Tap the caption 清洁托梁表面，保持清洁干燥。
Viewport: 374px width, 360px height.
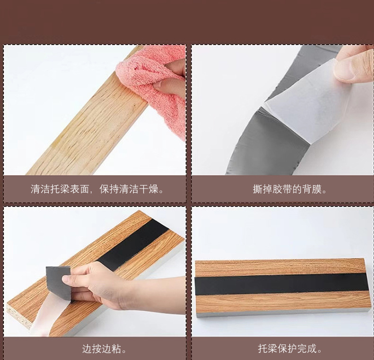tap(98, 189)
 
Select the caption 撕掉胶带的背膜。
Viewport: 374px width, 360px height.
tap(290, 189)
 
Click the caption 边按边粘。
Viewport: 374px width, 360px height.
tap(104, 349)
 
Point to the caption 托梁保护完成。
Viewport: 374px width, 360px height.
tap(290, 349)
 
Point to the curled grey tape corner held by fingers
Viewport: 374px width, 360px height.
tap(57, 275)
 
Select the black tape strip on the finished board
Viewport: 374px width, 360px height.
tap(282, 284)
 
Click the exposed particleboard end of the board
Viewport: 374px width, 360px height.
tap(19, 315)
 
